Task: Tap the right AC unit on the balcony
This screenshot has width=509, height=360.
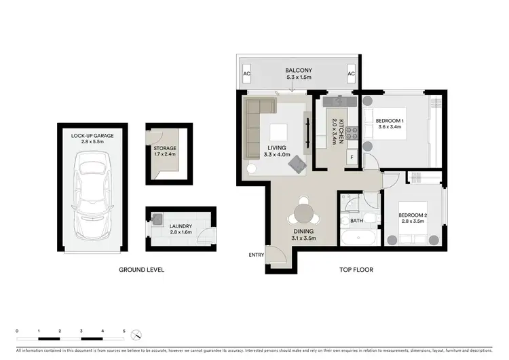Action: (351, 74)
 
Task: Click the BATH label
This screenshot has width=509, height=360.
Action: (356, 221)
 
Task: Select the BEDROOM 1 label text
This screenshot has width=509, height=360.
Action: (390, 121)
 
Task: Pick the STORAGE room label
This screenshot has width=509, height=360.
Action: (165, 148)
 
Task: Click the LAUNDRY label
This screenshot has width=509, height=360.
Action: (181, 226)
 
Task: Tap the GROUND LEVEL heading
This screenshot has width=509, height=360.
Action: (141, 270)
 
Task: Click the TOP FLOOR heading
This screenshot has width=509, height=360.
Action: (356, 270)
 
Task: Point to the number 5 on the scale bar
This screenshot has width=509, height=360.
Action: (124, 331)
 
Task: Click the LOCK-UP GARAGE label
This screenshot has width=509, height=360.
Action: (92, 136)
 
